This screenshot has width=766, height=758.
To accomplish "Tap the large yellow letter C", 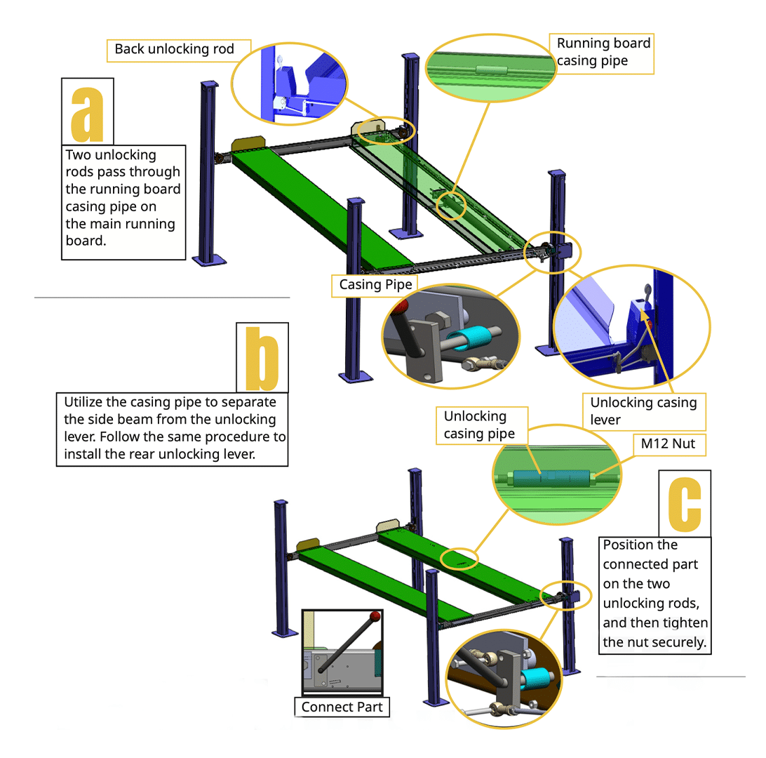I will tap(685, 503).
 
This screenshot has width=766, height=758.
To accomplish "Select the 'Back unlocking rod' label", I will tap(173, 49).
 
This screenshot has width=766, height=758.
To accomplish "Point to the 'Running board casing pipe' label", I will tap(603, 52).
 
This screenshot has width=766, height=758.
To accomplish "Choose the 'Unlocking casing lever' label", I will tap(643, 411).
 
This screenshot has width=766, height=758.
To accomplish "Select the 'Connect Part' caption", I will tap(342, 707).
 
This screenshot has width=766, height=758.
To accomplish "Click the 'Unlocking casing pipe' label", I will tap(478, 425).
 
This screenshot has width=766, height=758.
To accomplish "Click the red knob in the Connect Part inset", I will tap(376, 616).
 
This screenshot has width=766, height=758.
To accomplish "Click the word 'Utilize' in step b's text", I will tap(85, 402).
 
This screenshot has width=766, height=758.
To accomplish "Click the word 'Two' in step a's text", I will tap(79, 154).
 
